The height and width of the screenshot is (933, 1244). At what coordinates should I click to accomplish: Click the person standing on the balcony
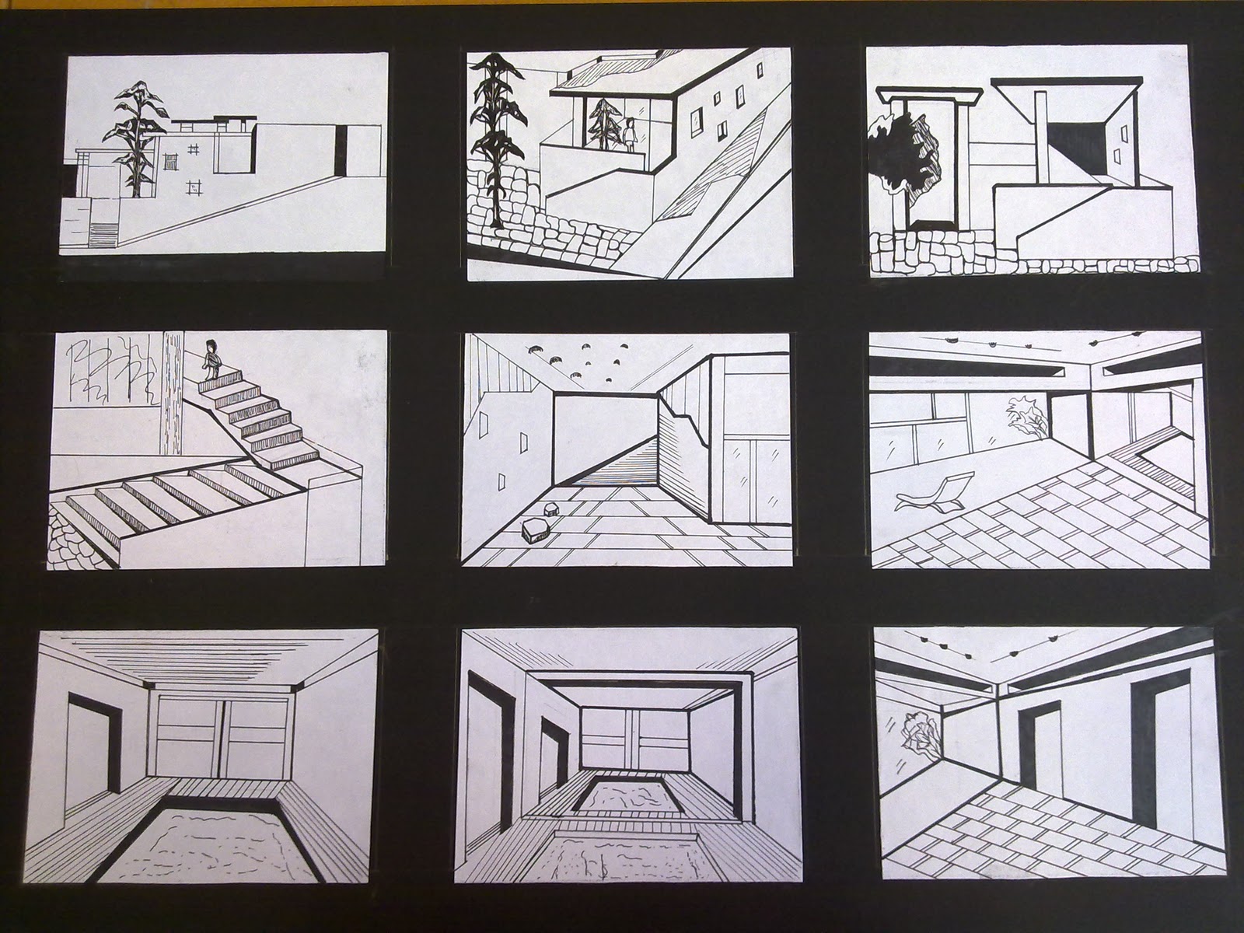click(x=631, y=133)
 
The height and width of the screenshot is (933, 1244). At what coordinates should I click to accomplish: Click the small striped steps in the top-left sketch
click(x=103, y=233)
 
